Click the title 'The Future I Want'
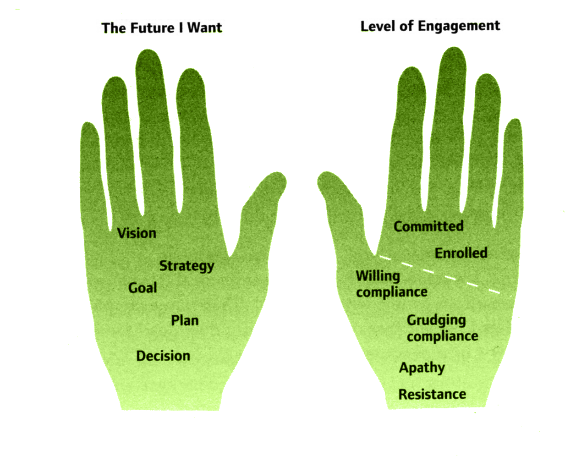coord(161,28)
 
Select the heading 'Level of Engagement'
coord(430,26)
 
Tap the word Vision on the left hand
coord(137,233)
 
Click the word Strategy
coord(187,266)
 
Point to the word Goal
coord(143,288)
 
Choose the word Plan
coord(185,320)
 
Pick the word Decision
coord(163,356)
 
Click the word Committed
coord(428,226)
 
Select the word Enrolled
coord(461,253)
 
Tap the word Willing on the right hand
coord(378,276)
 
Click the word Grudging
coord(436,320)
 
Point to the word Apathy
coord(422,368)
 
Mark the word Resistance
coord(432,395)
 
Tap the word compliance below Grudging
coord(442,337)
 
